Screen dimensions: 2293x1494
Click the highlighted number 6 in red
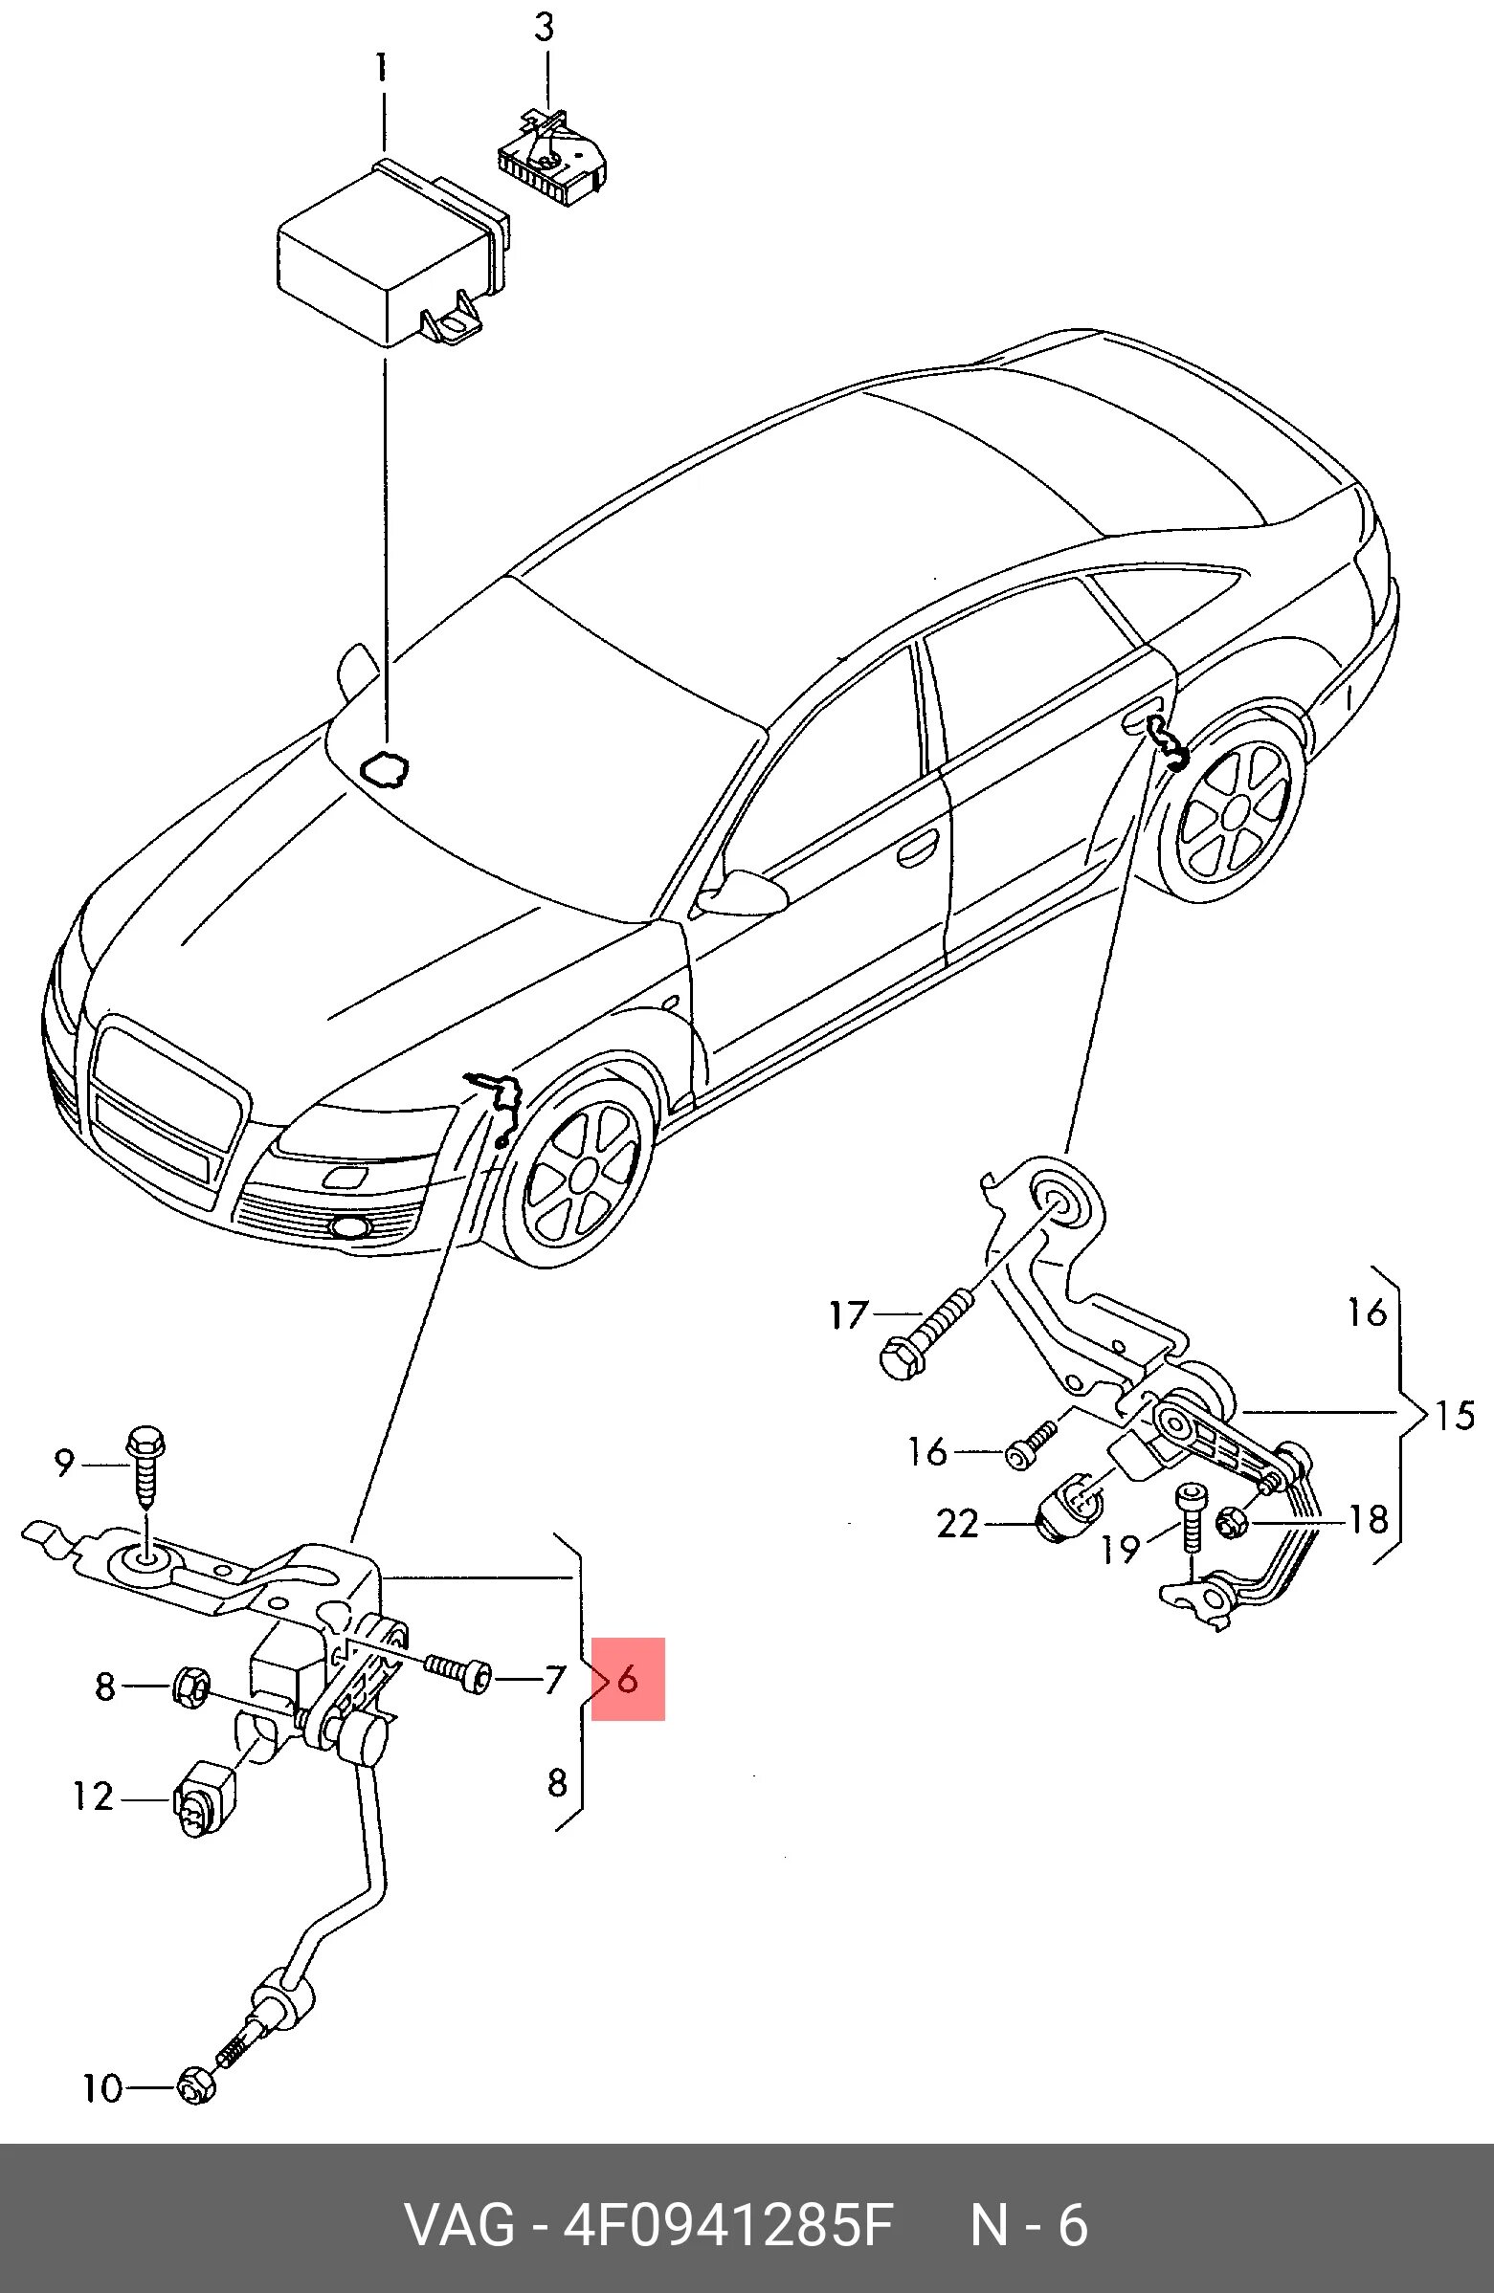[x=628, y=1679]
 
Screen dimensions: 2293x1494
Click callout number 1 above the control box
[x=382, y=69]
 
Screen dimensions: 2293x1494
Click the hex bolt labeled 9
[x=145, y=1468]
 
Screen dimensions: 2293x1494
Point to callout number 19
[x=1121, y=1548]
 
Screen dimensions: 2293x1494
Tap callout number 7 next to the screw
[x=553, y=1679]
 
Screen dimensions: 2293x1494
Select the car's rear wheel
[x=1235, y=815]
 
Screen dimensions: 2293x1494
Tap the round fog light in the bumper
[x=347, y=1226]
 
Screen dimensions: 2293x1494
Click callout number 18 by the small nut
[x=1368, y=1519]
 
